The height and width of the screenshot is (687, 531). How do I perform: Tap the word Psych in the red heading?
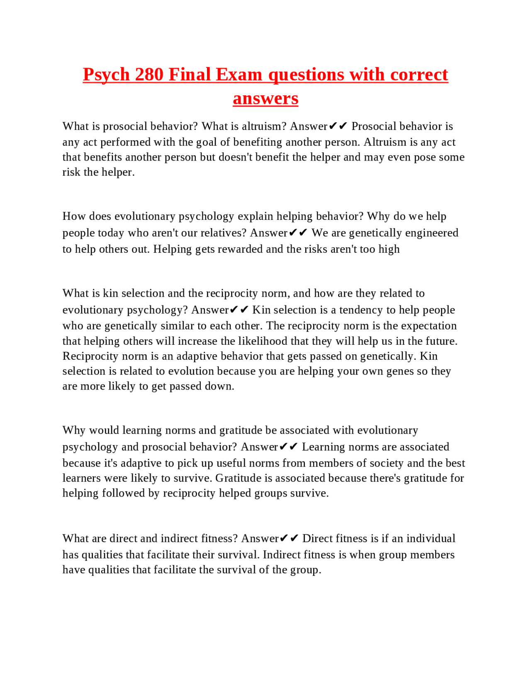click(107, 75)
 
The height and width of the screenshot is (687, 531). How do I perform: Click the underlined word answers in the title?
click(265, 99)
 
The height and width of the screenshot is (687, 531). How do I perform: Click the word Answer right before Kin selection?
click(210, 310)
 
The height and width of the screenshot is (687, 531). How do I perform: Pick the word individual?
click(431, 538)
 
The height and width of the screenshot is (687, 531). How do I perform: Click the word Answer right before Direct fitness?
click(260, 538)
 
